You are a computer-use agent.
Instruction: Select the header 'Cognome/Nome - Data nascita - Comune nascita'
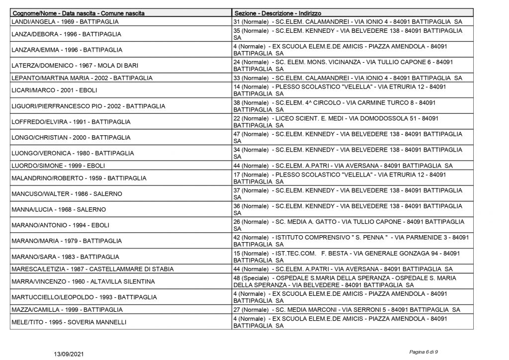(78, 13)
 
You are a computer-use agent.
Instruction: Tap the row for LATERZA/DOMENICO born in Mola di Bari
(69, 66)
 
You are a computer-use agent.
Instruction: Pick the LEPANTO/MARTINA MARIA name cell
(82, 78)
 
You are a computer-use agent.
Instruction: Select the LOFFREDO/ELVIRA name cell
(71, 122)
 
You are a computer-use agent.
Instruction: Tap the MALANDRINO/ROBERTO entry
(73, 178)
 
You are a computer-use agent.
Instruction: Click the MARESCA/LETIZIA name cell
(92, 269)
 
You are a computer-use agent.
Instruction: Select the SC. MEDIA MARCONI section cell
(346, 309)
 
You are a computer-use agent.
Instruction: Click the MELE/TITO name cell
(69, 322)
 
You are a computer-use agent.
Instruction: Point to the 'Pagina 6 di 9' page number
(424, 352)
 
